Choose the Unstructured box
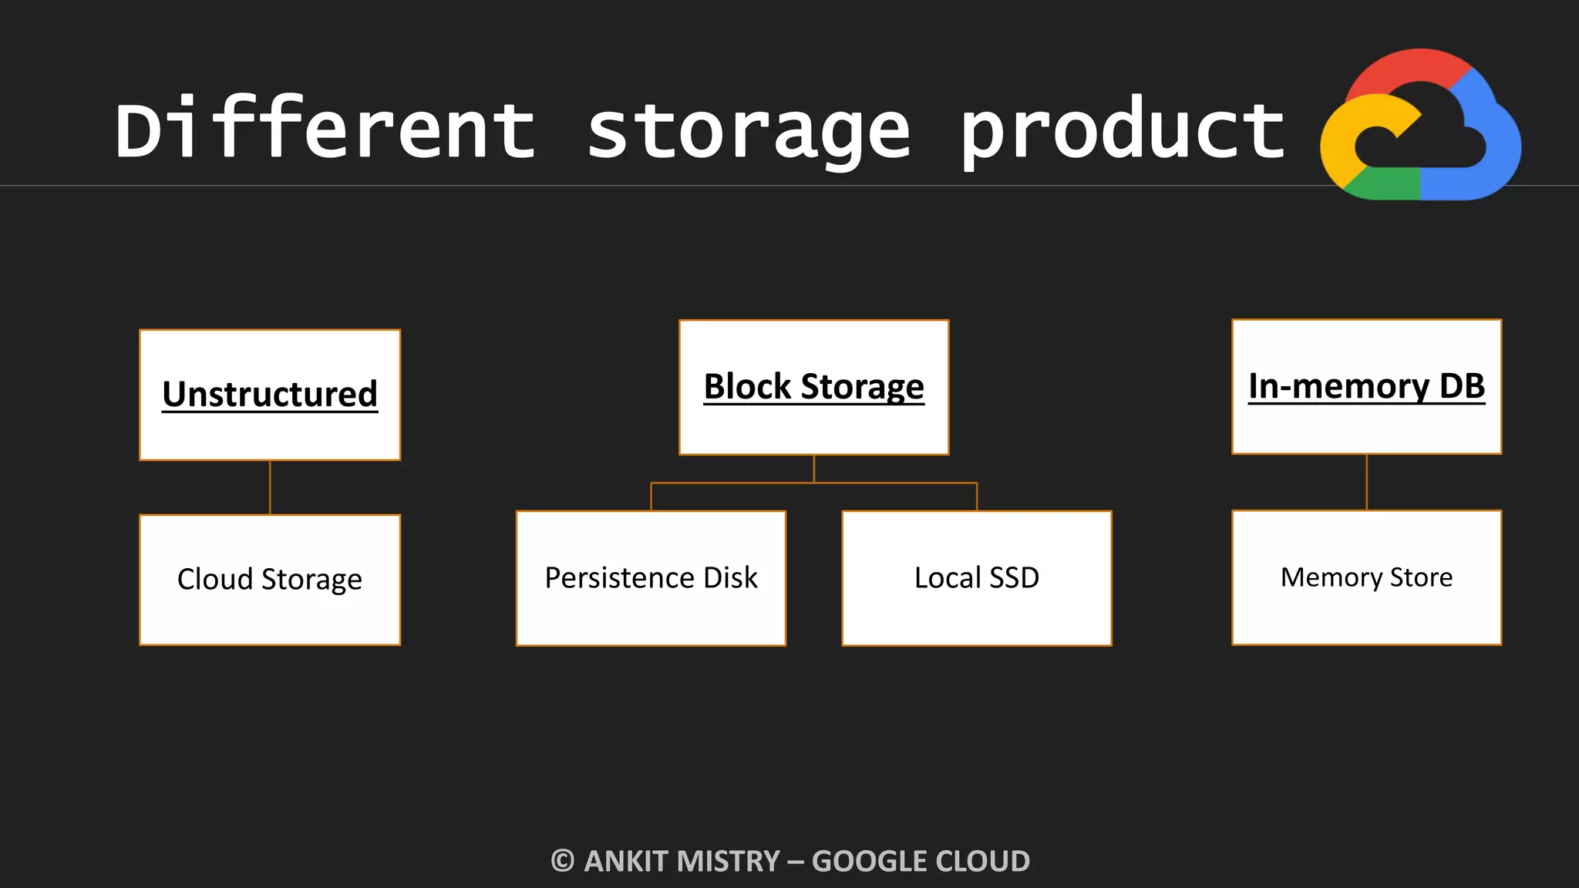270,395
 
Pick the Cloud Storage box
270,580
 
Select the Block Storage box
813,387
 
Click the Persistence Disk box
651,578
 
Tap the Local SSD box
976,578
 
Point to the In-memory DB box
1366,386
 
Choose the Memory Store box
1366,577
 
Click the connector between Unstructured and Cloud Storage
270,487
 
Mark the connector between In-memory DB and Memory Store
1367,482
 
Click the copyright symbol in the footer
563,861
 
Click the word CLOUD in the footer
978,861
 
